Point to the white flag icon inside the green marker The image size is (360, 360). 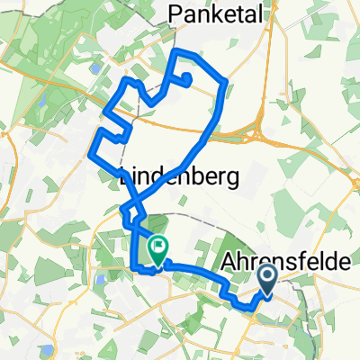(158, 244)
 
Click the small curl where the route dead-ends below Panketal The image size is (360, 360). (186, 78)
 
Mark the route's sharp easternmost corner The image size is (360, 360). (226, 83)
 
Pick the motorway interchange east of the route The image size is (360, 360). (262, 135)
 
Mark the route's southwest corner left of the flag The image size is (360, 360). (136, 267)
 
